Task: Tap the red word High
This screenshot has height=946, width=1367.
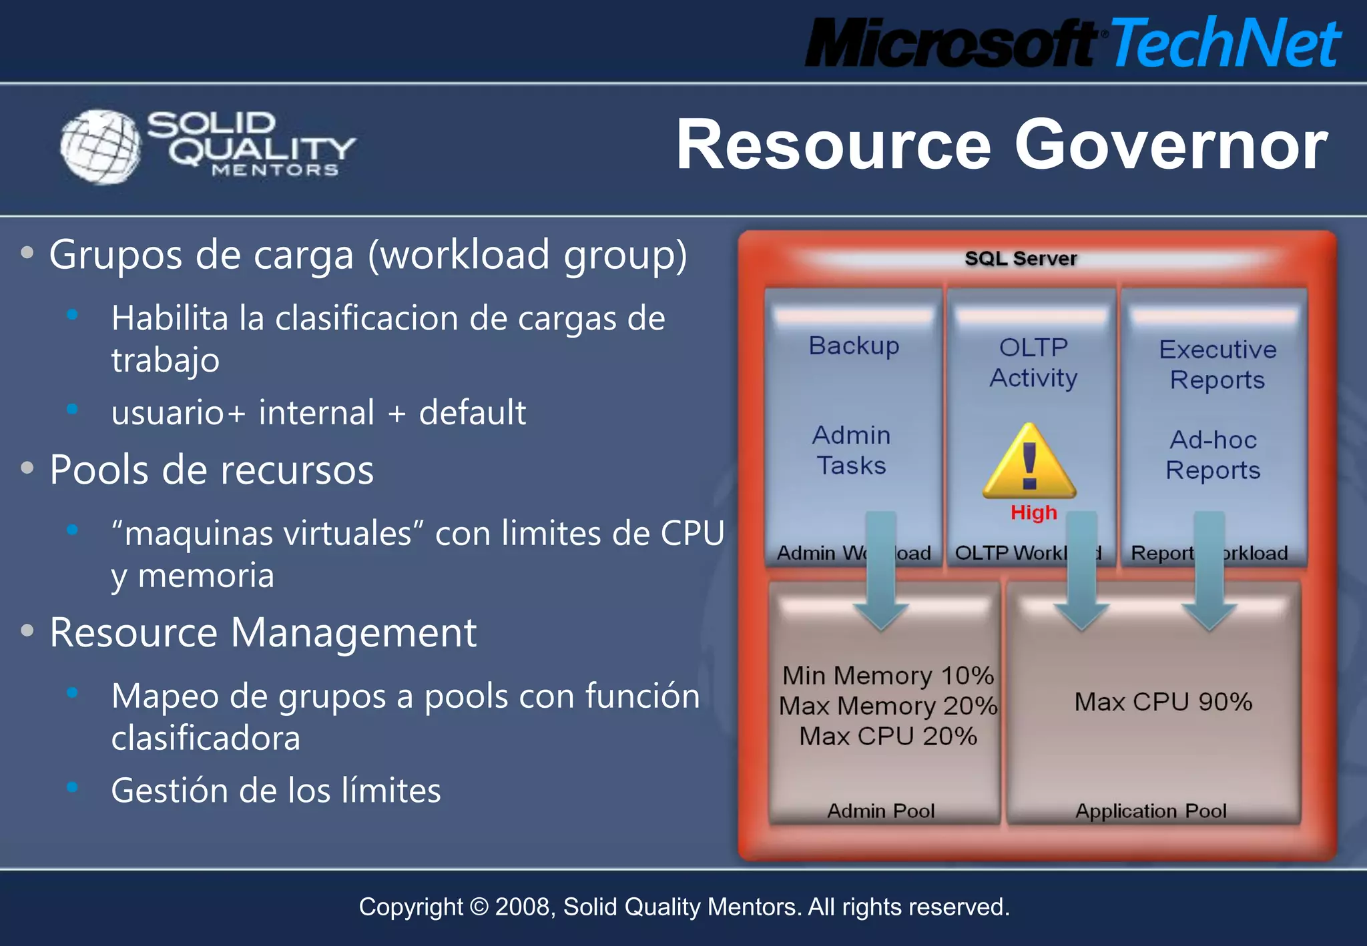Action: click(1033, 512)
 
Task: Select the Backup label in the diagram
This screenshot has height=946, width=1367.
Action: click(854, 346)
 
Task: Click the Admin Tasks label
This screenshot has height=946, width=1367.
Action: click(851, 450)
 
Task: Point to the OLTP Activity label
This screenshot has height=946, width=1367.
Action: click(1033, 362)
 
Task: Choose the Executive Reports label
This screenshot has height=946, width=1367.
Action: click(1217, 364)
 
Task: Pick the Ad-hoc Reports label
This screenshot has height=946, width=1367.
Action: click(1213, 455)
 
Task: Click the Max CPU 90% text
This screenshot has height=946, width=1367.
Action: click(1163, 702)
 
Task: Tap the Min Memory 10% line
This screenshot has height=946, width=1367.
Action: click(888, 676)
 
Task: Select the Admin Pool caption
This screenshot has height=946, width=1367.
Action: click(880, 811)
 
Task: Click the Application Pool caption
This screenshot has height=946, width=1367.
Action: click(1151, 811)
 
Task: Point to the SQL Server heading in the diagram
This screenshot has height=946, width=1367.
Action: click(1021, 258)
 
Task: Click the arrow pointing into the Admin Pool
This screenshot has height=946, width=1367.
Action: click(881, 574)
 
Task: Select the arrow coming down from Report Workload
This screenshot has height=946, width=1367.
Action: click(1209, 574)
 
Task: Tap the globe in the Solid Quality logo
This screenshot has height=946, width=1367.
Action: click(100, 146)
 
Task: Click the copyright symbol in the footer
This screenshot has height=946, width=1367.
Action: click(479, 907)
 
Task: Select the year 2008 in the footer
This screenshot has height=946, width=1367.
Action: click(524, 907)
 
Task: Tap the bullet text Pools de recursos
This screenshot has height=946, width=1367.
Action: click(212, 470)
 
